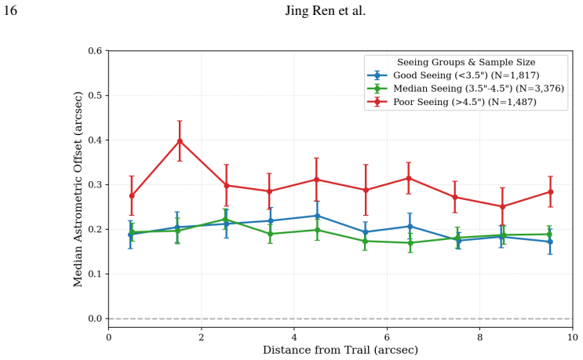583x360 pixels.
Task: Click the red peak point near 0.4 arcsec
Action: click(180, 141)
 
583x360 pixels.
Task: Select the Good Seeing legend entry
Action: click(454, 75)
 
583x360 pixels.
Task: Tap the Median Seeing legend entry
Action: click(465, 89)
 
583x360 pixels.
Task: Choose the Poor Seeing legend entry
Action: click(452, 102)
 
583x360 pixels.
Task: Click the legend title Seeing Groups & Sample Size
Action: click(466, 62)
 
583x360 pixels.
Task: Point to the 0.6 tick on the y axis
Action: click(95, 50)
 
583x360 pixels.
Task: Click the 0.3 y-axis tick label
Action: click(95, 184)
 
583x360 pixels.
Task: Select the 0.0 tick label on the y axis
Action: click(95, 318)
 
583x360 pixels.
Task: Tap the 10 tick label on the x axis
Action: click(573, 337)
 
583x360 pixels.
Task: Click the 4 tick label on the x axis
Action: click(294, 337)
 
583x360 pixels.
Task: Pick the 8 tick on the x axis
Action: click(479, 337)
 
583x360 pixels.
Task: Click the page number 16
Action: click(10, 11)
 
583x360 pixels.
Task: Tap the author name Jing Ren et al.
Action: click(326, 11)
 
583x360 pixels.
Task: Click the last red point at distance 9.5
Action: click(551, 192)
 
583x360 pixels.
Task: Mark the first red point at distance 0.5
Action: click(132, 196)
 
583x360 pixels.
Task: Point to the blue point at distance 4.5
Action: click(317, 216)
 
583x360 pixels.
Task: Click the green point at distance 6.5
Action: click(410, 243)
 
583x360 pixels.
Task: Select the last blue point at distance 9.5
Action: click(550, 242)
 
